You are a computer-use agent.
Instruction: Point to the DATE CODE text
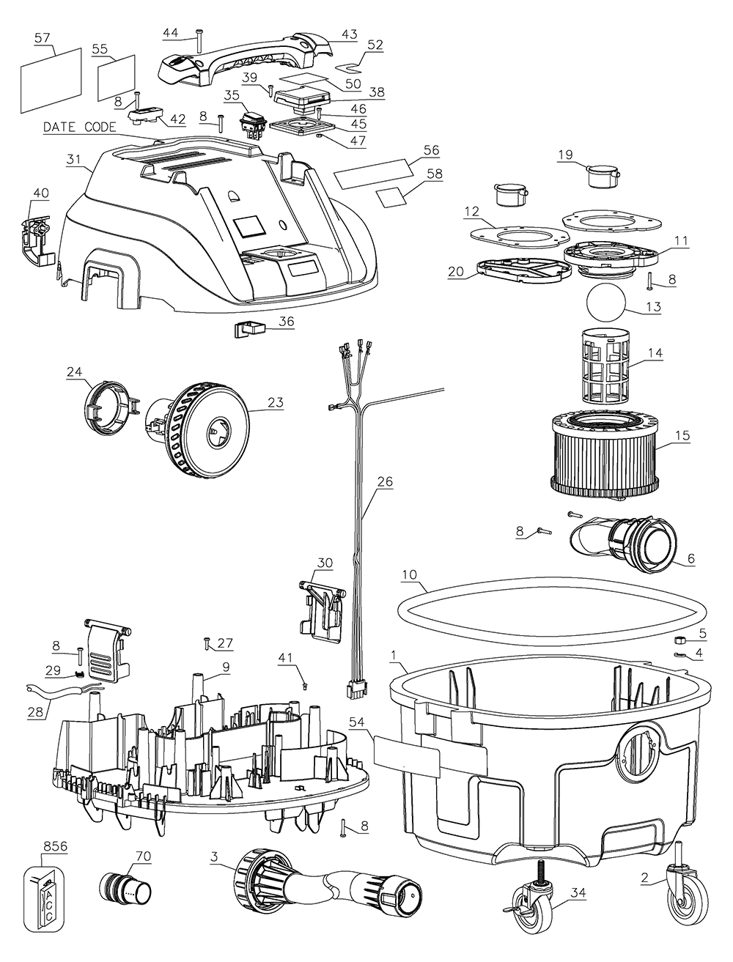pos(79,127)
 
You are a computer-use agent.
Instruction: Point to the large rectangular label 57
pos(51,73)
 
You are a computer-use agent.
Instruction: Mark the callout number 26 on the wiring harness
pos(385,482)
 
